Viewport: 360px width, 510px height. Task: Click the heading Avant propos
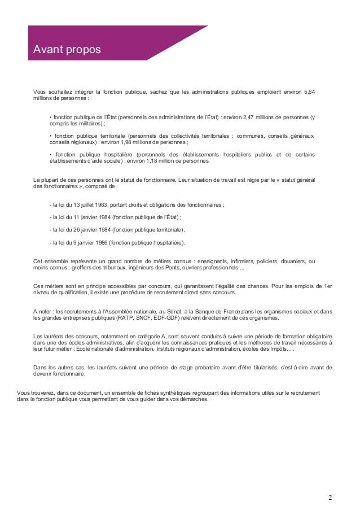(67, 50)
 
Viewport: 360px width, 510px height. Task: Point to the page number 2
(330, 498)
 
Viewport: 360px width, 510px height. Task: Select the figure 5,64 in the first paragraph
(310, 91)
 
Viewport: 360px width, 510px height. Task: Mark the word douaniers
(291, 261)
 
